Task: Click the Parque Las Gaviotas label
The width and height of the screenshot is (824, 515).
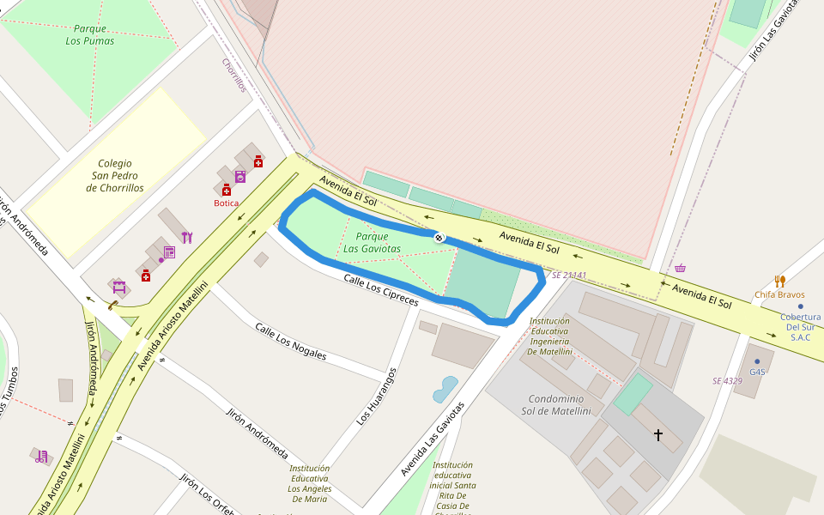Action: click(372, 243)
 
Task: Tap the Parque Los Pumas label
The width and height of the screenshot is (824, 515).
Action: click(89, 34)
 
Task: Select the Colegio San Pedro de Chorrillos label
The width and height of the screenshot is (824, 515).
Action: click(115, 175)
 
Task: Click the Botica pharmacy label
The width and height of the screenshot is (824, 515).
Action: click(226, 203)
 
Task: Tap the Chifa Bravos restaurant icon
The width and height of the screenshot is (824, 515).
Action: click(779, 281)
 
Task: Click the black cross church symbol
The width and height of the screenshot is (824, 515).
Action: click(658, 435)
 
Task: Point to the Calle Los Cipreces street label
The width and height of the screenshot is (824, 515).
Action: click(380, 290)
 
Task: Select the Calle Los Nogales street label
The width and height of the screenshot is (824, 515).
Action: click(291, 341)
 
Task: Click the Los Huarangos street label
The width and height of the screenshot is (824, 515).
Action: click(377, 397)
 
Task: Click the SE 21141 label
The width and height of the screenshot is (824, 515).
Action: click(569, 276)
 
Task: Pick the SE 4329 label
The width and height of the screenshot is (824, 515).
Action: click(727, 380)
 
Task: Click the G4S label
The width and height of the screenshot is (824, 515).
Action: click(757, 372)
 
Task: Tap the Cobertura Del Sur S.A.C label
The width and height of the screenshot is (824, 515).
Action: click(800, 327)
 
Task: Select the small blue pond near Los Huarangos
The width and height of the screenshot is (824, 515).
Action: click(445, 389)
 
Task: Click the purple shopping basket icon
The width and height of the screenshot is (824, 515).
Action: click(680, 268)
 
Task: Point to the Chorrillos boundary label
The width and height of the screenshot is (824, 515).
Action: click(234, 76)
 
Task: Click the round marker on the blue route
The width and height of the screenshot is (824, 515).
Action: click(439, 237)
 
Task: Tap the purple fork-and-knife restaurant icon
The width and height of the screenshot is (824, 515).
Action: click(187, 238)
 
